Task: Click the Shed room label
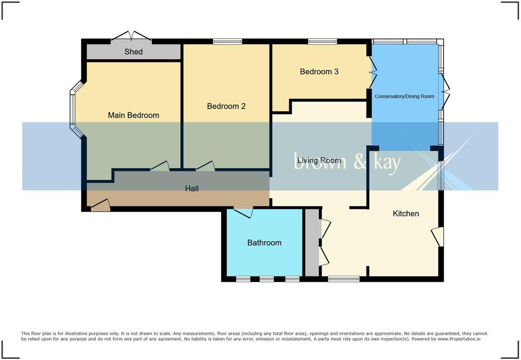[133, 52]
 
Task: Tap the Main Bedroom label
[133, 115]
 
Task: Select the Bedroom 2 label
[226, 106]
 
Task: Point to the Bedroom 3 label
[319, 72]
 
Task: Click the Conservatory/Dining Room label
[404, 96]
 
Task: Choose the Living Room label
[319, 160]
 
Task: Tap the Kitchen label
[406, 214]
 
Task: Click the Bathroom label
[264, 243]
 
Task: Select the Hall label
[192, 189]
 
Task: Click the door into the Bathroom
[244, 212]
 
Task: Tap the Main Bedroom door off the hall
[160, 167]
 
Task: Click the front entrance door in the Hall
[101, 206]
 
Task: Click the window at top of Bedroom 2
[227, 41]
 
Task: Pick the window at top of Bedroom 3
[322, 41]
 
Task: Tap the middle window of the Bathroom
[267, 279]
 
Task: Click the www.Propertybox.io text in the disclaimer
[459, 339]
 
